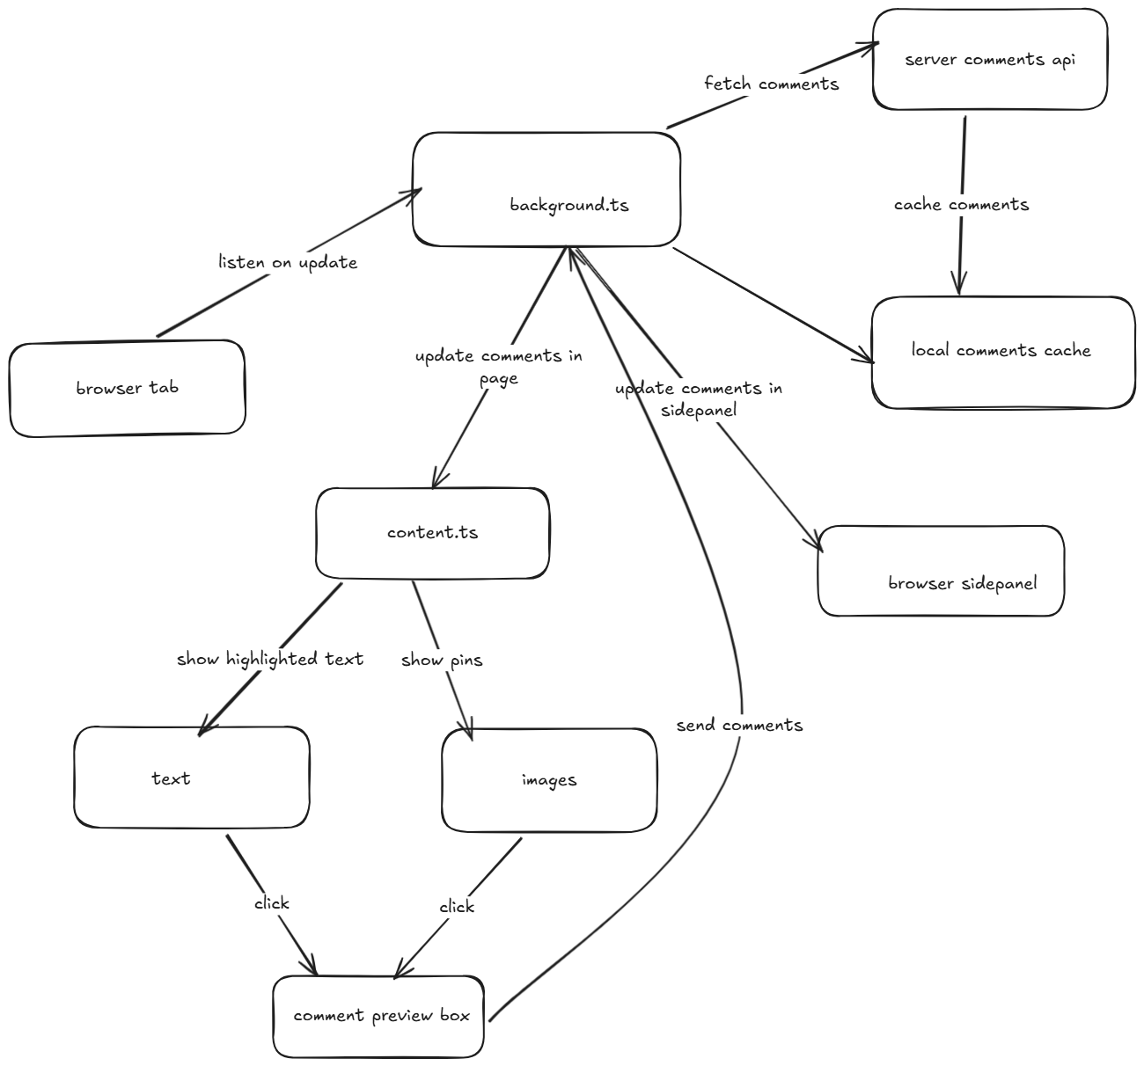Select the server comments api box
click(x=990, y=60)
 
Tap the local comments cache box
click(x=1002, y=352)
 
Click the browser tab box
click(x=127, y=388)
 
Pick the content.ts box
click(x=432, y=533)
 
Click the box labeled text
click(x=191, y=778)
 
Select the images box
click(x=549, y=780)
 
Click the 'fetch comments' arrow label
click(x=771, y=84)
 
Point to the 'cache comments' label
click(x=961, y=205)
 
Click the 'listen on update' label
click(x=288, y=262)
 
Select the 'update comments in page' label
click(x=499, y=367)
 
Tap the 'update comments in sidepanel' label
click(x=699, y=398)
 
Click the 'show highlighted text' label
click(x=270, y=659)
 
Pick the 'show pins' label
click(x=442, y=660)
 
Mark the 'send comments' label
click(x=739, y=726)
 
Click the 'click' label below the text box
click(x=271, y=903)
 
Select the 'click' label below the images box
click(x=457, y=907)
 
